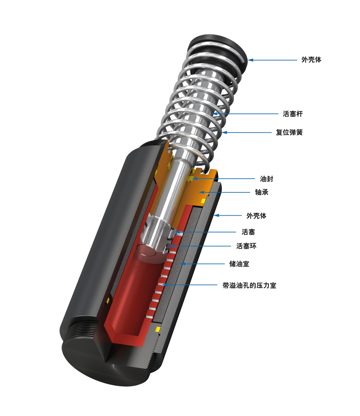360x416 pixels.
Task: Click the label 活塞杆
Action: pos(293,114)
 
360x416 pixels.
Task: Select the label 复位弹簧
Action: pos(289,132)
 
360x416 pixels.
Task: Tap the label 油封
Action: pos(266,179)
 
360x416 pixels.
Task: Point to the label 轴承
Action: pos(262,192)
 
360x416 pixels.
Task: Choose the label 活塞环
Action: pos(246,246)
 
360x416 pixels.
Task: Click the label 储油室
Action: pos(239,264)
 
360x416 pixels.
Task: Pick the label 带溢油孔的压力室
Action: pos(249,286)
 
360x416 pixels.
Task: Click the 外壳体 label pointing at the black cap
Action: pos(311,60)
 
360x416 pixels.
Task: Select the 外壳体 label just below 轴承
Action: pos(256,216)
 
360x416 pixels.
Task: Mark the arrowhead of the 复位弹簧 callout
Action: pos(223,132)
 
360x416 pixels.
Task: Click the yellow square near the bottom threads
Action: pos(158,329)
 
